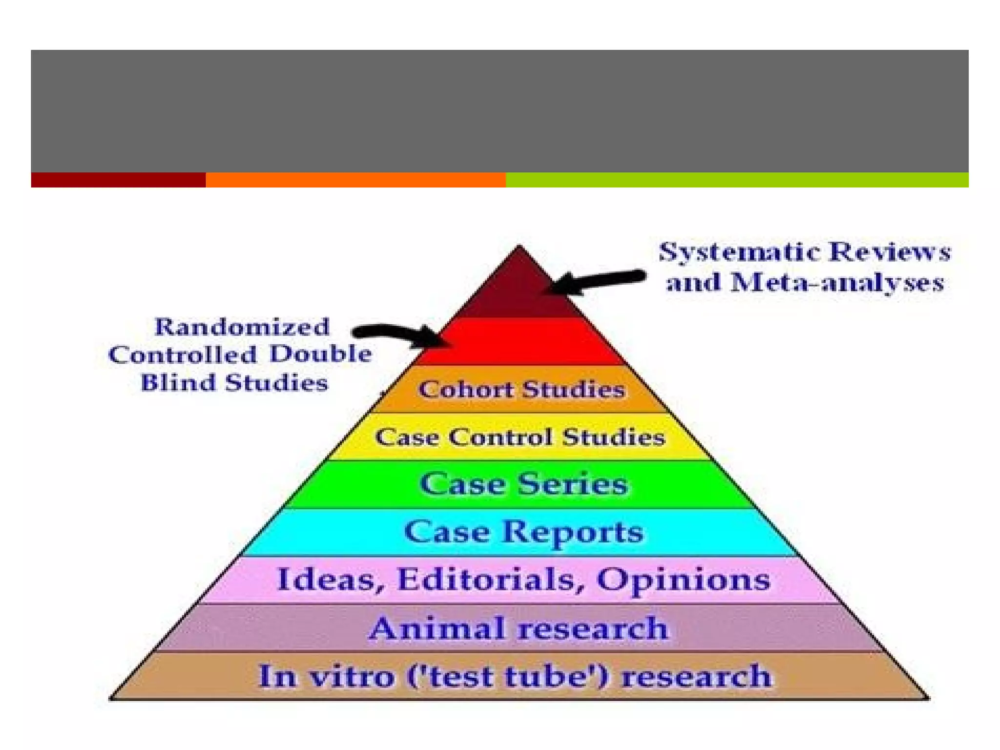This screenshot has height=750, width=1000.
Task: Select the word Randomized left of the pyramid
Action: coord(242,327)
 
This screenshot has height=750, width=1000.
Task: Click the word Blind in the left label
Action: coord(178,382)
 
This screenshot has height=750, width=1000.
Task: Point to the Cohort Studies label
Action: coord(521,390)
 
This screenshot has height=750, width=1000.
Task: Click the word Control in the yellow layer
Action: coord(501,437)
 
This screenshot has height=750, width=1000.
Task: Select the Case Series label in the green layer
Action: coord(523,484)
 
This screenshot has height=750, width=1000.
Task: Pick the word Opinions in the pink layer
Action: coord(683,580)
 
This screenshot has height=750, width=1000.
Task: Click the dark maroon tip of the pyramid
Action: coord(519,288)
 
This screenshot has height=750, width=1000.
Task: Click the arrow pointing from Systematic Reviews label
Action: coord(596,281)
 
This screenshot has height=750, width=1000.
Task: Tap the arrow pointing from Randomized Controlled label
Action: coord(400,334)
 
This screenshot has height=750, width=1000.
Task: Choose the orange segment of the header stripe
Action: coord(355,180)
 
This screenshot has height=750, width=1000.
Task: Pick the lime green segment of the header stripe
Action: coord(737,180)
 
